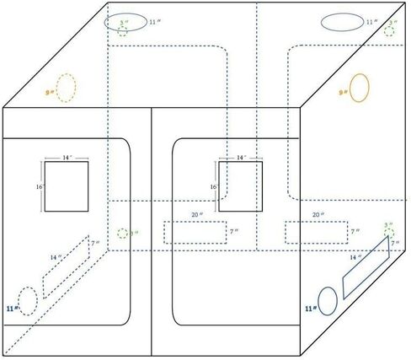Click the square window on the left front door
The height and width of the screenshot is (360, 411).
point(67,161)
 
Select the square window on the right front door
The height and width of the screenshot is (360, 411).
point(241,161)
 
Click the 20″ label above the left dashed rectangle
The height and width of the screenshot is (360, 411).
point(197,215)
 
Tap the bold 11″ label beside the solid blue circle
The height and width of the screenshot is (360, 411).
point(311,309)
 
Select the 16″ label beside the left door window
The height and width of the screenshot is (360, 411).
point(40,186)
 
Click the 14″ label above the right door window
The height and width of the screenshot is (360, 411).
point(241,158)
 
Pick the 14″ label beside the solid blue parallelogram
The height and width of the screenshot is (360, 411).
point(355,257)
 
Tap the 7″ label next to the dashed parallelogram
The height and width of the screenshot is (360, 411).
point(95,244)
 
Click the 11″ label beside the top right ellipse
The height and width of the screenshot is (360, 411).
point(371,22)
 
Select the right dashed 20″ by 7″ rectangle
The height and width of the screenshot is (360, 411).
point(317,222)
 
